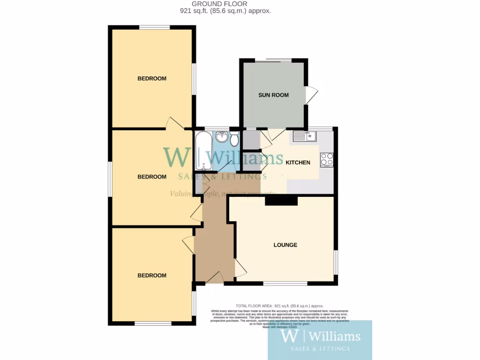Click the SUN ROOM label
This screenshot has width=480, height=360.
point(273,95)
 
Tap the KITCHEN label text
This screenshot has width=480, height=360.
point(298,163)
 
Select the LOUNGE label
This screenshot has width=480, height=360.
point(285,245)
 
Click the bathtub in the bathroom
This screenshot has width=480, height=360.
point(203,151)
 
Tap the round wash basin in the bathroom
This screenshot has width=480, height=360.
point(222,137)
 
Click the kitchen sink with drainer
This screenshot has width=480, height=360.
point(305,136)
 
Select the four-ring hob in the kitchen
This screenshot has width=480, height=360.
point(327,159)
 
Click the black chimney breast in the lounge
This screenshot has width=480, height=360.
point(281,201)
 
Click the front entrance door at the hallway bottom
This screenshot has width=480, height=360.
point(215,278)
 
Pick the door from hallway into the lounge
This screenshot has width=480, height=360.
point(240,268)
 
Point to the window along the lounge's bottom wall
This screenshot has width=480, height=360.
point(285,283)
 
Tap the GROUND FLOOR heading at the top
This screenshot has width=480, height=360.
point(225,4)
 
